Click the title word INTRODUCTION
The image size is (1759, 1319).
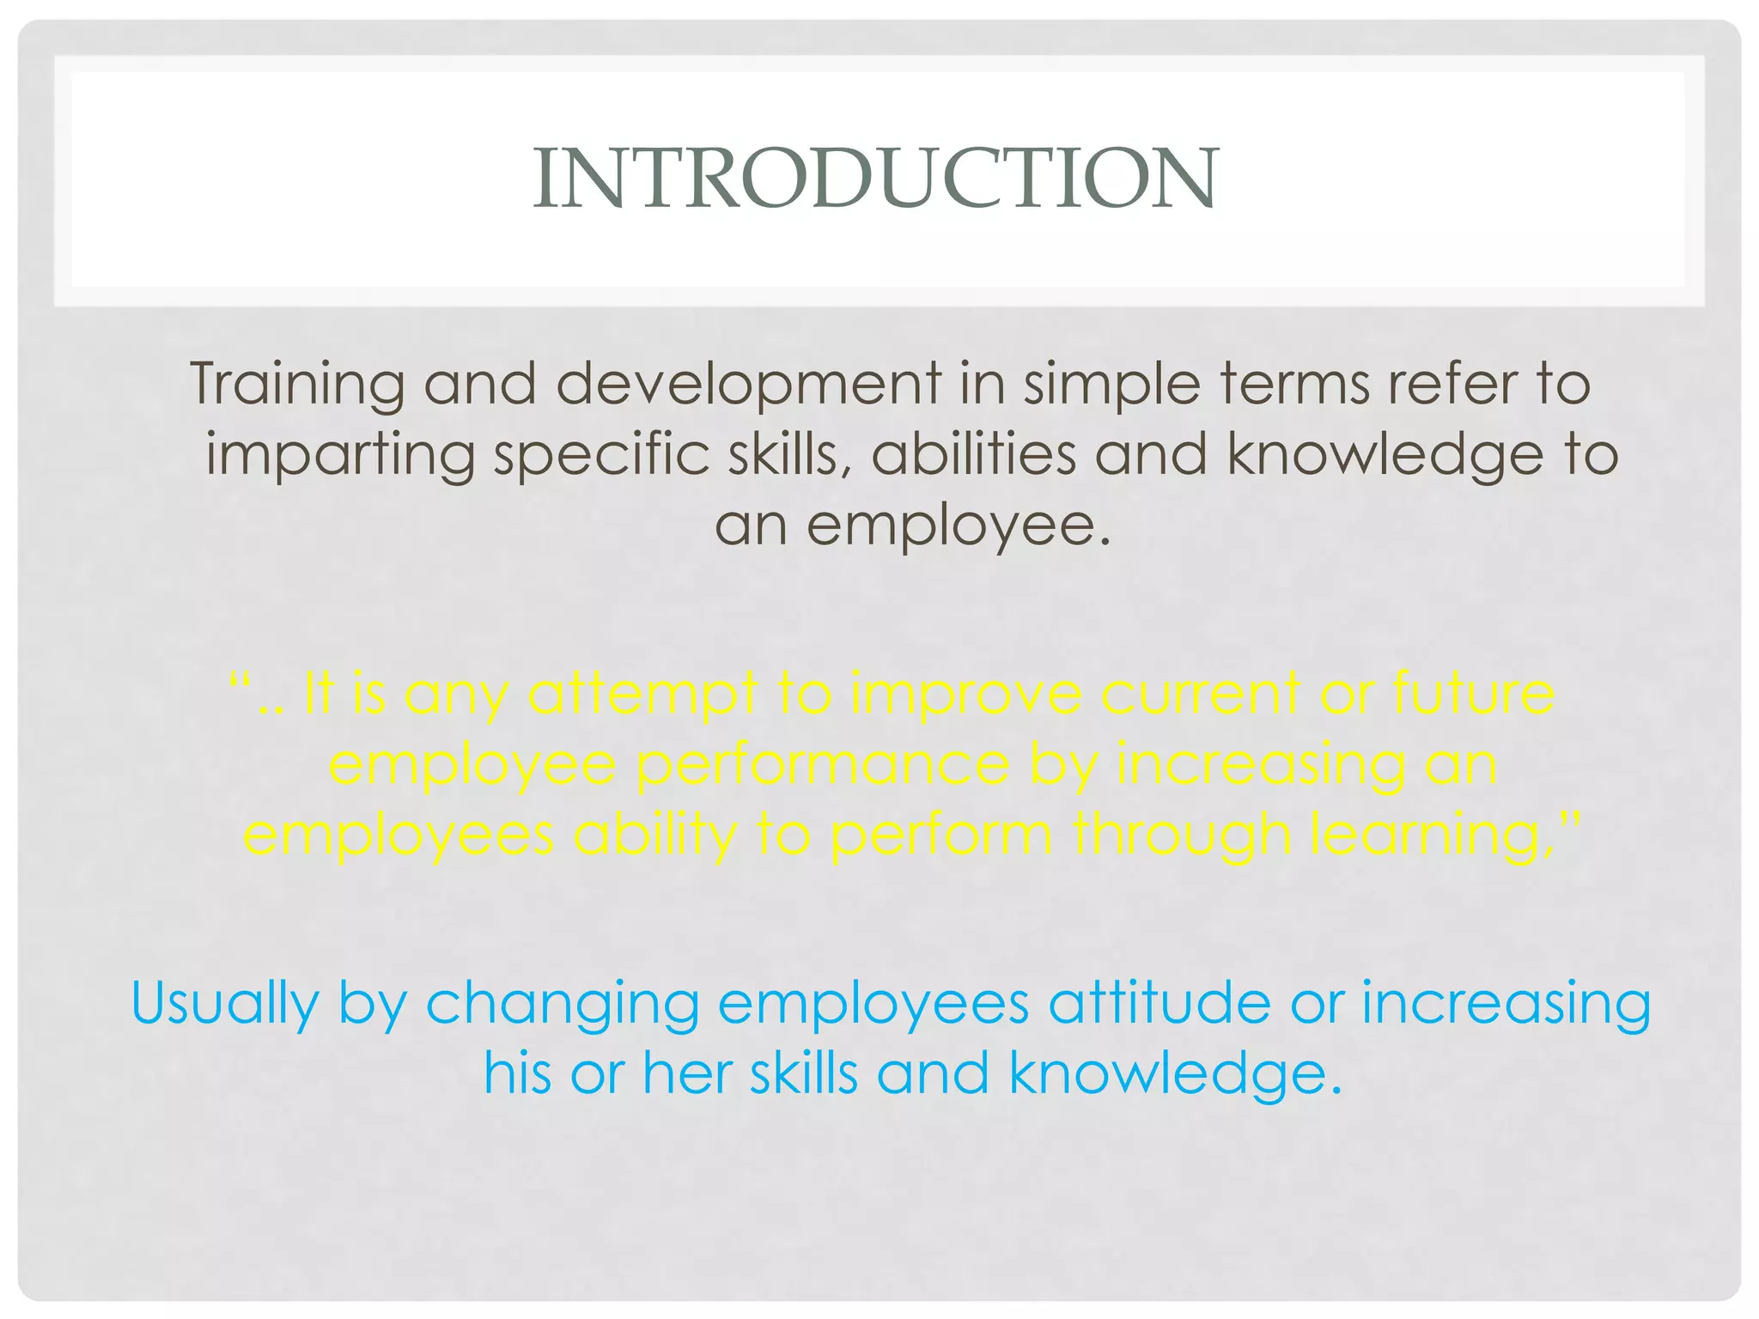coord(875,179)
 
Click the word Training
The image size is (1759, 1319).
coord(296,383)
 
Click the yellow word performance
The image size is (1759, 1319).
coord(823,766)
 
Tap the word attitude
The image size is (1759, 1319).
coord(1159,1003)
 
